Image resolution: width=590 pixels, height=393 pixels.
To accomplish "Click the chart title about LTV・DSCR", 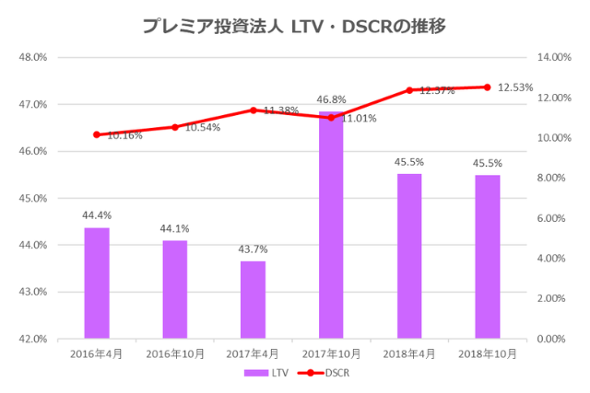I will tap(294, 26).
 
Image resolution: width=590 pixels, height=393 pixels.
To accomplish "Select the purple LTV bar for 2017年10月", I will tap(331, 225).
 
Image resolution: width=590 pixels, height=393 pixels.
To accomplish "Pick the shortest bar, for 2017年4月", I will tap(253, 300).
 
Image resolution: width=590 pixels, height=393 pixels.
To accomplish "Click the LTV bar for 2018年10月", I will tap(488, 257).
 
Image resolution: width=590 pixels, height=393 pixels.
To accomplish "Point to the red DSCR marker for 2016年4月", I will tap(97, 134).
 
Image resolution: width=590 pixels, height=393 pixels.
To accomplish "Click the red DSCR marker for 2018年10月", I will tap(488, 87).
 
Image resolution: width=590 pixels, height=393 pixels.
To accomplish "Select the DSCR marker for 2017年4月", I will tap(253, 110).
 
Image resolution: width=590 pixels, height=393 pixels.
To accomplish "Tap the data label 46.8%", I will tap(331, 99).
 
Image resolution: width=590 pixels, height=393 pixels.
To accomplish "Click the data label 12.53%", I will tap(516, 87).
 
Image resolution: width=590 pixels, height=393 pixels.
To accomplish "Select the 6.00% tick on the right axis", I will tap(554, 218).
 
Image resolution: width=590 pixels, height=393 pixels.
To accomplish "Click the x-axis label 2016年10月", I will tap(175, 353).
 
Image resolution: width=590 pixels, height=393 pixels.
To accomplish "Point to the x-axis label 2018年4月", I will tap(409, 353).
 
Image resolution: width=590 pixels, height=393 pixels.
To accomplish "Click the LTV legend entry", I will tap(267, 373).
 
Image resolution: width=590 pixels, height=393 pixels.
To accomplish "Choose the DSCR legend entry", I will tap(327, 373).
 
